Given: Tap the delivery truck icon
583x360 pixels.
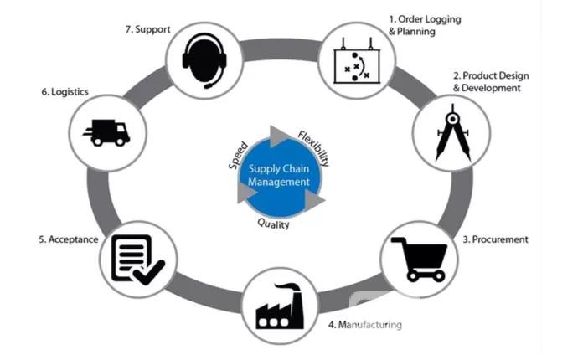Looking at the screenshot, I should tap(106, 132).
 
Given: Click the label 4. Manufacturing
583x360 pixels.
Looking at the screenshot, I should tap(364, 324).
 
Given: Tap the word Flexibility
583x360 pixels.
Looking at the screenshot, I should tap(314, 147).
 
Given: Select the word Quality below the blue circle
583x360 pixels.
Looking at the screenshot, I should tap(273, 224).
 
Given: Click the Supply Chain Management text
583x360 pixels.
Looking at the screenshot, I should tap(279, 175).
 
